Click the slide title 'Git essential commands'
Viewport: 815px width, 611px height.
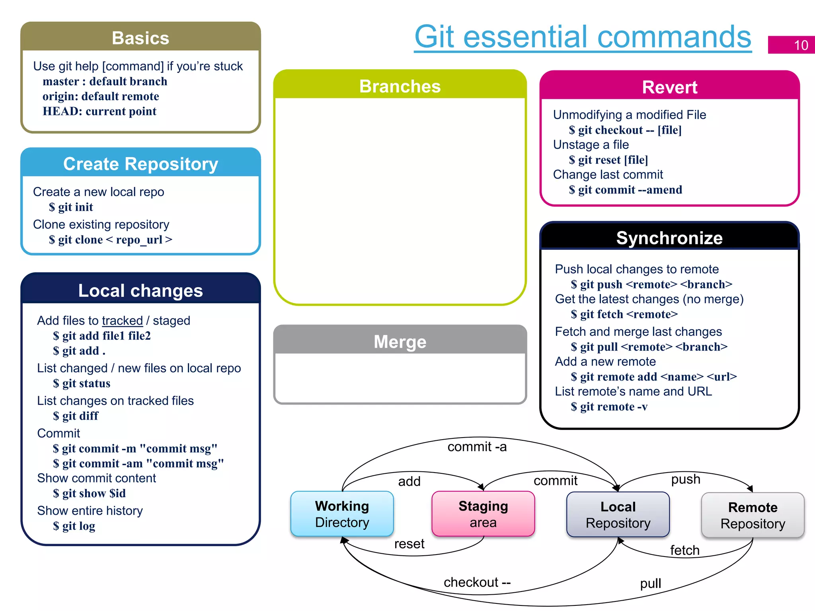click(583, 37)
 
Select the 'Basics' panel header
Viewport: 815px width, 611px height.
click(140, 38)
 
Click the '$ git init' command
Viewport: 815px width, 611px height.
click(71, 207)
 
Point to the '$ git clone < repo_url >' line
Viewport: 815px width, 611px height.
click(110, 240)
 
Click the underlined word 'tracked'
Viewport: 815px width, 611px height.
click(122, 321)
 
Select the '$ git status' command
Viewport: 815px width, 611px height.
click(82, 383)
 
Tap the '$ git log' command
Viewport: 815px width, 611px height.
click(74, 526)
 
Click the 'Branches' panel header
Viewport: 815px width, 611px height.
click(400, 86)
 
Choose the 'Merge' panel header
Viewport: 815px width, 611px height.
click(400, 342)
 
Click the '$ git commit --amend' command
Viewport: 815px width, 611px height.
click(625, 190)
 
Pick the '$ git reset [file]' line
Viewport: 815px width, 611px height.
click(608, 160)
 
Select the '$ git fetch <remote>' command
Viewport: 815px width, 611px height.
click(624, 314)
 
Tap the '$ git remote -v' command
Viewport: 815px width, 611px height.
click(609, 407)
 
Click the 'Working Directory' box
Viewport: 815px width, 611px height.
click(342, 514)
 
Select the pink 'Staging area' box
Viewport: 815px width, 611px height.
click(483, 514)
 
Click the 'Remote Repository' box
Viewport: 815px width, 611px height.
click(753, 516)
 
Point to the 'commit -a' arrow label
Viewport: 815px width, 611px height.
click(477, 447)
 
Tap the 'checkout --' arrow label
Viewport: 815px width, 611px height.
click(477, 582)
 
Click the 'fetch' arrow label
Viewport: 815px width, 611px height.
click(684, 550)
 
